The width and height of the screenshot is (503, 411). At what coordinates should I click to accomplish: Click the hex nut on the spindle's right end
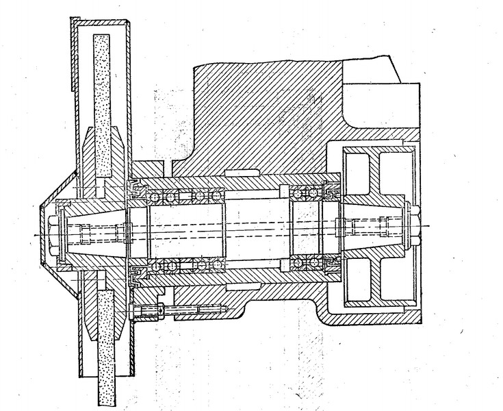(x=412, y=225)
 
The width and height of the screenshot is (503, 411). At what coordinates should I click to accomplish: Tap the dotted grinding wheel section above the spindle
(x=102, y=103)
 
